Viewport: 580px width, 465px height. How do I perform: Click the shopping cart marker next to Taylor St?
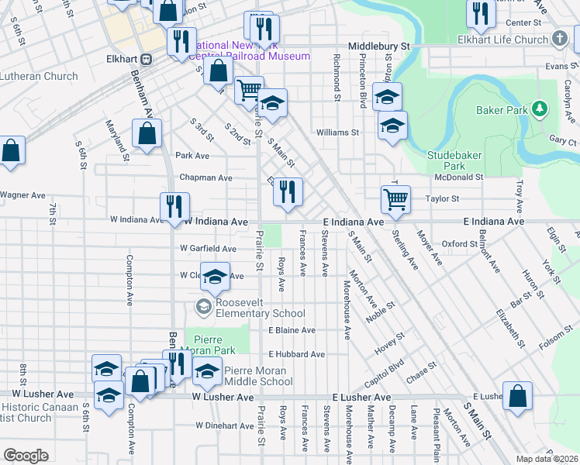click(x=396, y=200)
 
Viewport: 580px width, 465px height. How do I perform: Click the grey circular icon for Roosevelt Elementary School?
click(x=203, y=308)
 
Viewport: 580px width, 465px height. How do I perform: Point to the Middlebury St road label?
click(x=378, y=46)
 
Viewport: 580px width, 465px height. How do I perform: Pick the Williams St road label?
click(x=337, y=133)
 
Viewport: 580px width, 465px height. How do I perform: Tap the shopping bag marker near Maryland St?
click(x=147, y=135)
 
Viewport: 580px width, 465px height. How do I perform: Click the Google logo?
click(x=26, y=456)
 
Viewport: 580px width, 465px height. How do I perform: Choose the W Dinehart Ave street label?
click(x=225, y=425)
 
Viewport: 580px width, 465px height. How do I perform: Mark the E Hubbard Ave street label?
click(x=296, y=354)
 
